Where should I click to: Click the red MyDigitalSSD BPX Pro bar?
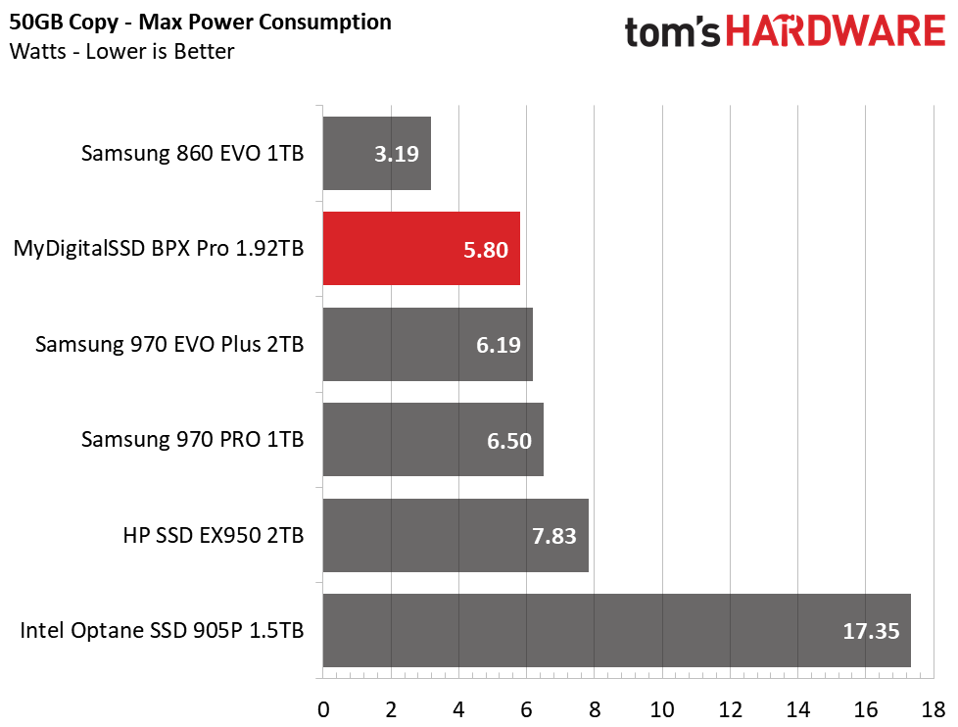coord(421,249)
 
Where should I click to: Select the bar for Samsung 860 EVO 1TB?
coord(377,154)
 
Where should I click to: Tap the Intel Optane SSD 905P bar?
coord(616,630)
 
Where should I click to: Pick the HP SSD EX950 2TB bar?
coord(455,535)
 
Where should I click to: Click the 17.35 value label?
coord(871,631)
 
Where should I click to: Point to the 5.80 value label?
coord(486,250)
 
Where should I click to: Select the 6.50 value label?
coord(509,441)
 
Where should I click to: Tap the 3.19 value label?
coord(397,154)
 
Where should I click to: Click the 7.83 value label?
coord(554,536)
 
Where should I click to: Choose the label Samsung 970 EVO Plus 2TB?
coord(169,345)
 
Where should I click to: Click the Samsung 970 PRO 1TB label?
coord(192,440)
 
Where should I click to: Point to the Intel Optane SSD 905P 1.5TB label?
coord(162,630)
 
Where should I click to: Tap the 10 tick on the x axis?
coord(661,710)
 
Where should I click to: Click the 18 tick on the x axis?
coord(933,710)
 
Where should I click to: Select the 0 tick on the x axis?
coord(323,710)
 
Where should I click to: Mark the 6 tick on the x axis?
coord(527,710)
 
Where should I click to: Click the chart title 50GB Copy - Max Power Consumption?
coord(201,23)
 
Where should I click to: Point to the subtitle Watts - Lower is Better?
coord(121,52)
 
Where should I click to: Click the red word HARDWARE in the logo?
coord(836,31)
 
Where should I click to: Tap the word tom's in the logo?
coord(672,32)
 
